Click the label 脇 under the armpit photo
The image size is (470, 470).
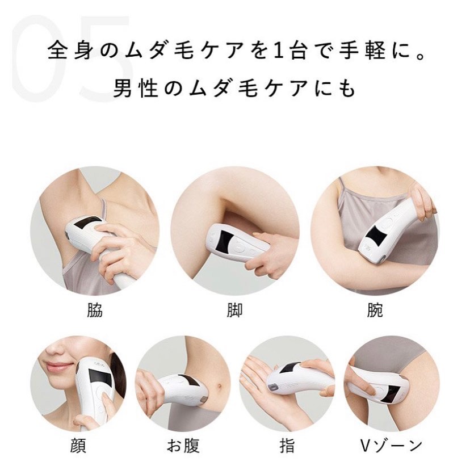click(94, 310)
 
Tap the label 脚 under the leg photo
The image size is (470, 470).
click(234, 310)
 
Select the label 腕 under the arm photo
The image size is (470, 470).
click(375, 310)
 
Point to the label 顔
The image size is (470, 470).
click(78, 446)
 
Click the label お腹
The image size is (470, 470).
click(183, 446)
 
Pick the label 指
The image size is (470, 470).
click(287, 446)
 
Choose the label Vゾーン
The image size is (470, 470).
click(392, 446)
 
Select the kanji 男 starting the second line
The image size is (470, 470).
click(122, 89)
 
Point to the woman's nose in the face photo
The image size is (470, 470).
click(54, 349)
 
